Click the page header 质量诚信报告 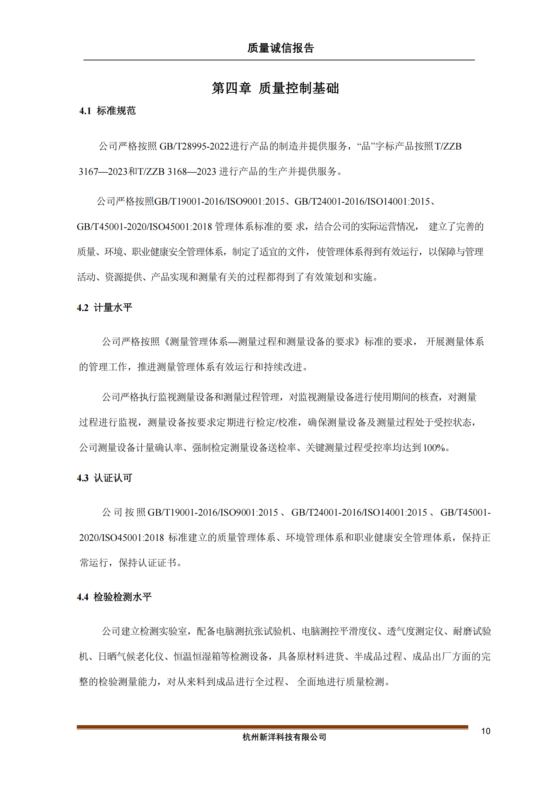[280, 48]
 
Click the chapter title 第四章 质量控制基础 [275, 88]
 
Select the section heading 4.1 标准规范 [107, 111]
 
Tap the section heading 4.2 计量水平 [105, 308]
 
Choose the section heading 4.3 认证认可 [105, 478]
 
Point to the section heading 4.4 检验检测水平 [114, 597]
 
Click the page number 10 [485, 731]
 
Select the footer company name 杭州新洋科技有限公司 [284, 737]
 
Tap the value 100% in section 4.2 [434, 448]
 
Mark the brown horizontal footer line [272, 727]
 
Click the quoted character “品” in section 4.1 [365, 146]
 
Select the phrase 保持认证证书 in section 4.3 [147, 563]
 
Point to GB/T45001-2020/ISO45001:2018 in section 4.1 [144, 227]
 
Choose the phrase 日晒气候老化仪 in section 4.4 [131, 657]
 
